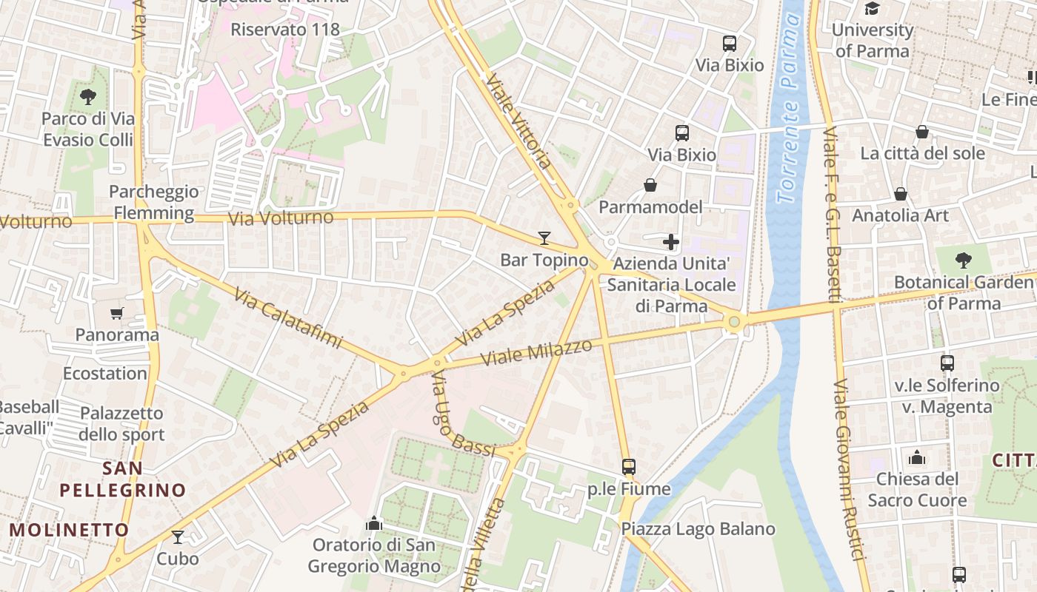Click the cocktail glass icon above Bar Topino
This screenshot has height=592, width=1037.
coord(544,238)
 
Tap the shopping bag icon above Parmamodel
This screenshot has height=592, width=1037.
coord(650,185)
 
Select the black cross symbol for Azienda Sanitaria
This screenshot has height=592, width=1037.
coord(671,242)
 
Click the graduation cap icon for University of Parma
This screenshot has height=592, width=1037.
coord(873,9)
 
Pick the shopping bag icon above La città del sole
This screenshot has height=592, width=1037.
coord(922,132)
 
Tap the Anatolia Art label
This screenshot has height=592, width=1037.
coord(901,215)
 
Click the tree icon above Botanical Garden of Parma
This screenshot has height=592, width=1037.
coord(963,260)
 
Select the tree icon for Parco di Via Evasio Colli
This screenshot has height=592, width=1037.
coord(88,96)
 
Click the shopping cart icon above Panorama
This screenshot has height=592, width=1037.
coord(116,314)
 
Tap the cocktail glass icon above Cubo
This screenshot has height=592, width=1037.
coord(178,537)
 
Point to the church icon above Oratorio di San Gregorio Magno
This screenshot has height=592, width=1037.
coord(374,524)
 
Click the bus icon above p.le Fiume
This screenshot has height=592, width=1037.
coord(629,467)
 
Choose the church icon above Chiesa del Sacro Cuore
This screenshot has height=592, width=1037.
coord(917,457)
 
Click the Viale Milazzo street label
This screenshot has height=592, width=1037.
coord(537,352)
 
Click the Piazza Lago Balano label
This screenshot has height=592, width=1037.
coord(698,529)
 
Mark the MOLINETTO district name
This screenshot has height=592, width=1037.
coord(70,530)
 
